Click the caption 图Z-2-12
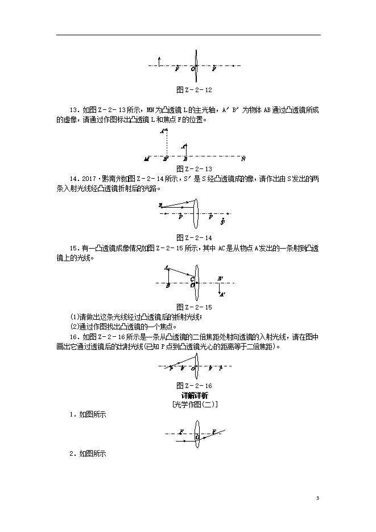194,90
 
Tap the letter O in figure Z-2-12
193,69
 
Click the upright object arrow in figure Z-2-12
160,62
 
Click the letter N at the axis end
243,158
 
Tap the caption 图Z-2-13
194,168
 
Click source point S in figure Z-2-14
161,204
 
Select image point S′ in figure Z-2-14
222,221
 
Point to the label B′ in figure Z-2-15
220,278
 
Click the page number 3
317,498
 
